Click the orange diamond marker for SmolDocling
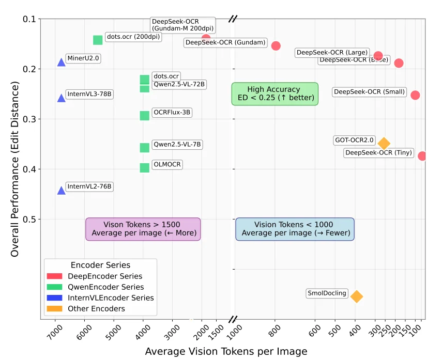click(356, 296)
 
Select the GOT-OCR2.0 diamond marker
click(384, 143)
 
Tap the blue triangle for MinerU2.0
click(62, 62)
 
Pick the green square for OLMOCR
click(145, 167)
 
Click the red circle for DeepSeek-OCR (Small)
click(415, 95)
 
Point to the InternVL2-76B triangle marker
click(62, 190)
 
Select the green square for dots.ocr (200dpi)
click(98, 40)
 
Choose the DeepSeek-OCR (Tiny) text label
click(378, 153)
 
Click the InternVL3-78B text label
click(89, 94)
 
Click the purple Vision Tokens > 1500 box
click(143, 229)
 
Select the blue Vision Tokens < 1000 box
click(295, 229)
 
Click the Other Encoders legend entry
click(96, 309)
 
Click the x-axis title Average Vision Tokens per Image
click(226, 351)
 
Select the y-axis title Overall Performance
click(15, 169)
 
